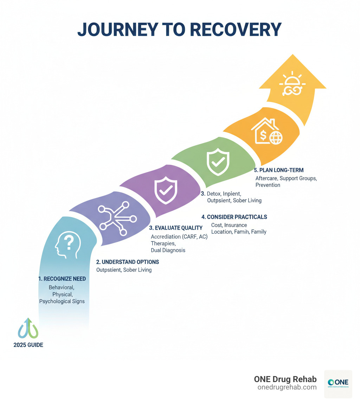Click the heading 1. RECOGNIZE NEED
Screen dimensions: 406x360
click(62, 279)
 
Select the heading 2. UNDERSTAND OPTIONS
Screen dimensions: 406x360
click(127, 262)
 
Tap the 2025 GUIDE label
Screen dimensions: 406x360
click(28, 345)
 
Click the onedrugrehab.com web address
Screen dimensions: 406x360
click(287, 387)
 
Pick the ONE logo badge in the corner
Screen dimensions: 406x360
click(338, 384)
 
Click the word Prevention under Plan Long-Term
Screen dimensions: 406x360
click(268, 185)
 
